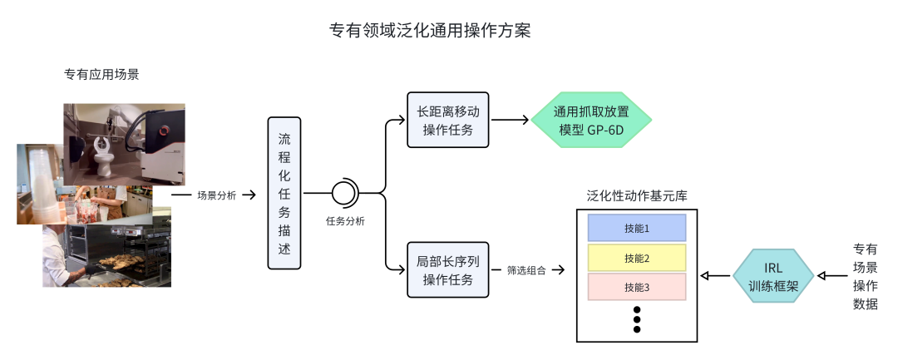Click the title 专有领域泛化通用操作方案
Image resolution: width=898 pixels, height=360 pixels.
click(430, 31)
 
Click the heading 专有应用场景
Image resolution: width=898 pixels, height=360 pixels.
click(101, 74)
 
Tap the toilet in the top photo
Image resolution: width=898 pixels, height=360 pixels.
click(102, 153)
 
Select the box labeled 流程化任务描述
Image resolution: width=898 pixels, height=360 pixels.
click(284, 193)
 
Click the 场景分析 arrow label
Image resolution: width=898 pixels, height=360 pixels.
click(216, 195)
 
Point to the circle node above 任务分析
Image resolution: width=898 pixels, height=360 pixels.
click(343, 194)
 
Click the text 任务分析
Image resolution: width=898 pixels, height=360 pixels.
click(345, 221)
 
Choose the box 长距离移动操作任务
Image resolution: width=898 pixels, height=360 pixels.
click(448, 120)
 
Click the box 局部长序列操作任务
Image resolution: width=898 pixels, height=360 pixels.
click(448, 269)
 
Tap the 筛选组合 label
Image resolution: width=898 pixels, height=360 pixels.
click(526, 270)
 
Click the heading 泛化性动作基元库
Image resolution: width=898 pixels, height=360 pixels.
click(636, 196)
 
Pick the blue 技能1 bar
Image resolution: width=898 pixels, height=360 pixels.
click(636, 228)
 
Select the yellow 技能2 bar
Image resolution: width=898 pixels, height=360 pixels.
click(636, 258)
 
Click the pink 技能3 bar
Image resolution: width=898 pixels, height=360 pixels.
click(636, 288)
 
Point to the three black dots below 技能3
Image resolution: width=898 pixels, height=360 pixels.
click(637, 318)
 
